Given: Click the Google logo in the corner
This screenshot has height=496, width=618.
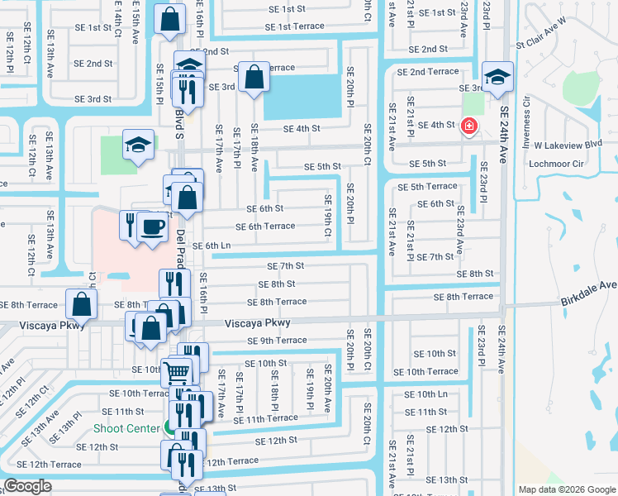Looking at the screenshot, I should (x=27, y=486).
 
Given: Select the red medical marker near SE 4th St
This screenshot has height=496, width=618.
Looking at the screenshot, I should (x=469, y=126).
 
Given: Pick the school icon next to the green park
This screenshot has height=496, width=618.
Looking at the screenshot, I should (x=137, y=145).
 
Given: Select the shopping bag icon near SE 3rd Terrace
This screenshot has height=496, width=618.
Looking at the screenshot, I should (x=255, y=78).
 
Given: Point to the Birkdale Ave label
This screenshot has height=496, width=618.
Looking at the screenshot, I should (x=587, y=285).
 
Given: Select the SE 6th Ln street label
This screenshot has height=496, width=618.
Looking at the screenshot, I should (x=212, y=246).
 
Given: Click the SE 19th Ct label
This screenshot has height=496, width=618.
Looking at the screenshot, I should (x=327, y=217).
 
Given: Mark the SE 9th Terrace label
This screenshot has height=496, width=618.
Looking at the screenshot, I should (x=277, y=340).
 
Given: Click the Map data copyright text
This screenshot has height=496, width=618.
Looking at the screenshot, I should (x=566, y=489).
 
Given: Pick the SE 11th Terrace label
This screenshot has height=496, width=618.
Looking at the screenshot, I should (x=265, y=418).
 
